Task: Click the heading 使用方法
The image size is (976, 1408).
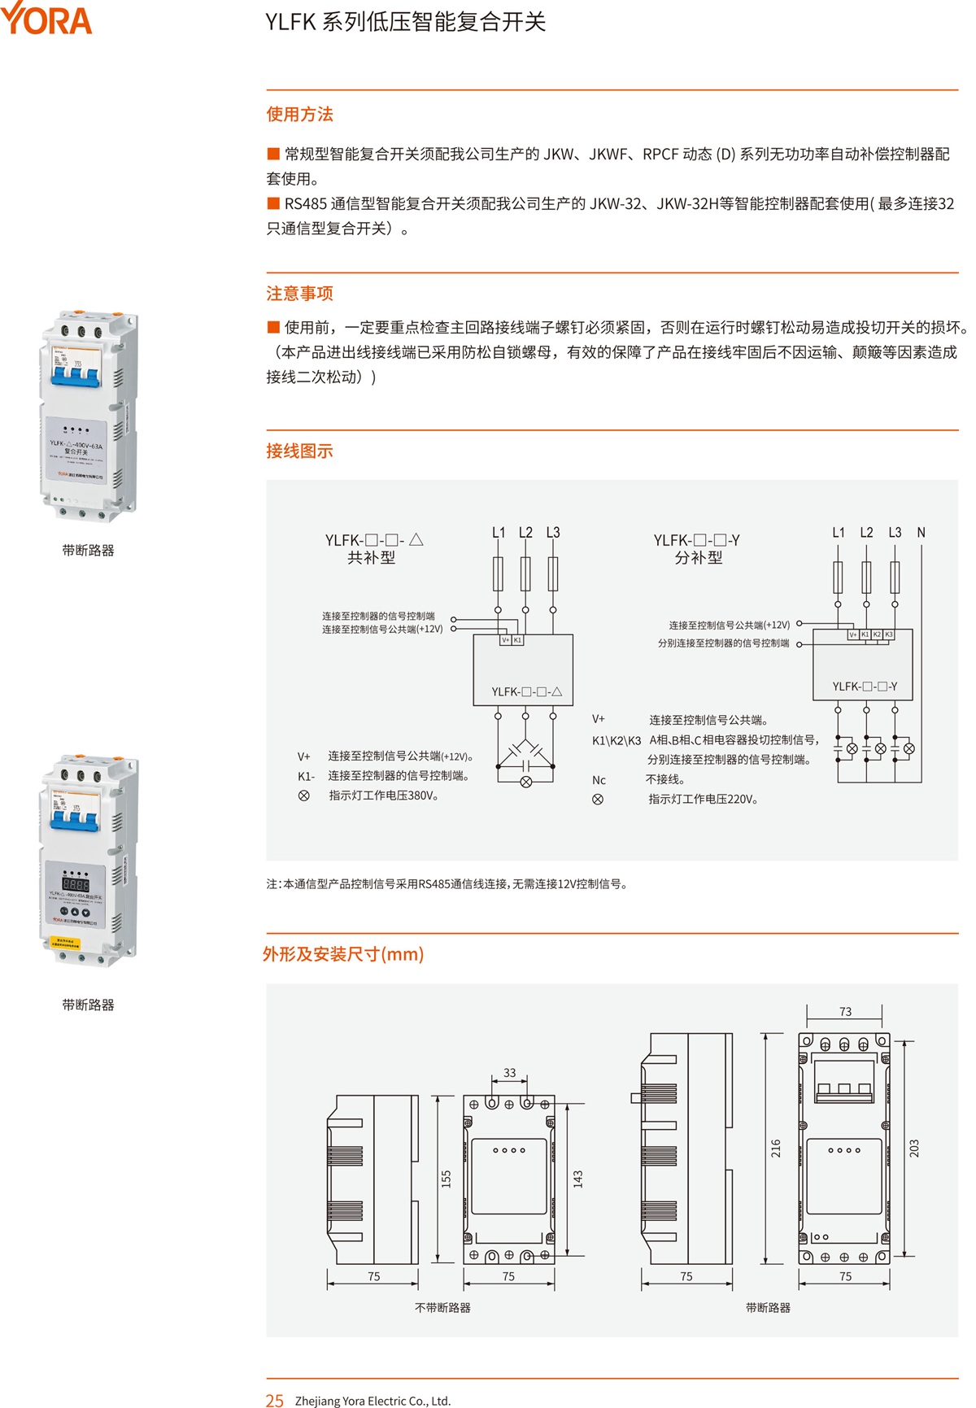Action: click(x=299, y=115)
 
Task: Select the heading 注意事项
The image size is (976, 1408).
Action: click(x=299, y=294)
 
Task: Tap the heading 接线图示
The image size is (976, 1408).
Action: click(x=299, y=451)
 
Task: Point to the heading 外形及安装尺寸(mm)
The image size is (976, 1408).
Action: click(x=343, y=954)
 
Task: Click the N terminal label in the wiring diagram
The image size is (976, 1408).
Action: click(x=922, y=533)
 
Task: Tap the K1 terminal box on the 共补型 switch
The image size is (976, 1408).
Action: click(x=518, y=640)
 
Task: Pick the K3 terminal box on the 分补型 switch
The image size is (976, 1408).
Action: click(x=889, y=634)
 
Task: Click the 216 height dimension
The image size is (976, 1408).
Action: click(x=776, y=1149)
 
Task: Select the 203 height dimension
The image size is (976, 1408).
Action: click(x=914, y=1149)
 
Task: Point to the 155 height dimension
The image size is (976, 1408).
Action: click(x=446, y=1179)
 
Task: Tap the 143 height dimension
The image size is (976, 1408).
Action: click(x=577, y=1179)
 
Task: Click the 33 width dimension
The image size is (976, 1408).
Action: click(x=510, y=1073)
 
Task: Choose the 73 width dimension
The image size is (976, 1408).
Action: click(x=846, y=1012)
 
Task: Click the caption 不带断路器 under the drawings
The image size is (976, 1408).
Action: click(x=442, y=1308)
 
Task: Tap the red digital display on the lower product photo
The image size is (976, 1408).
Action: click(x=76, y=884)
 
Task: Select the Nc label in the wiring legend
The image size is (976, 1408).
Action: click(x=599, y=780)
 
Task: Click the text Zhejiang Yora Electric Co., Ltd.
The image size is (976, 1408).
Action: click(x=373, y=1401)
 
